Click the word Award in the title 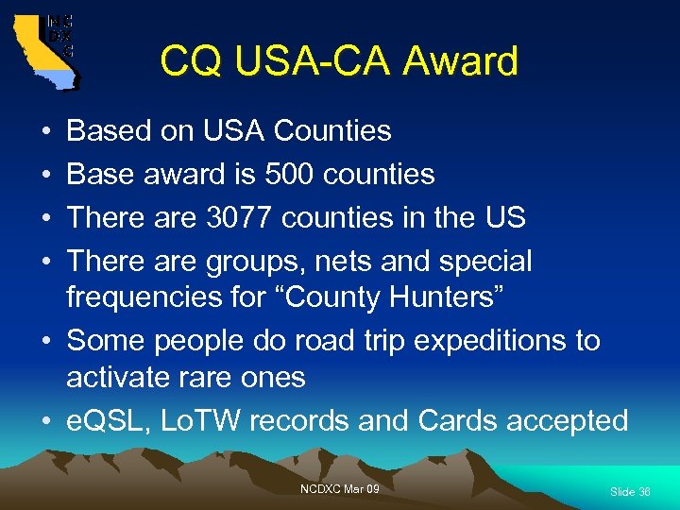pyautogui.click(x=460, y=61)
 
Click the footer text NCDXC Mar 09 pyautogui.click(x=340, y=489)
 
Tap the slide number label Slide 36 pyautogui.click(x=630, y=492)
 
